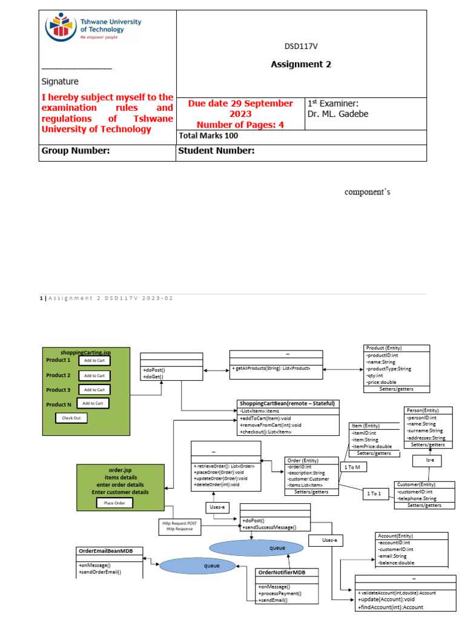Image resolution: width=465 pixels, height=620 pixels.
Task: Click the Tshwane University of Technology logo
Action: (93, 28)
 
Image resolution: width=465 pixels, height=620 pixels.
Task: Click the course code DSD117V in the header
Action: (301, 47)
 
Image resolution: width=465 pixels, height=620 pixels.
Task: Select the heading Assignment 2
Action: (301, 65)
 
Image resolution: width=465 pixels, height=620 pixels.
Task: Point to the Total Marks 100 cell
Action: (208, 136)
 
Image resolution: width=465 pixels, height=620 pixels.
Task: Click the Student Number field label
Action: (216, 151)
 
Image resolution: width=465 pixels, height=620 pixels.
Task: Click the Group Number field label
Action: (75, 151)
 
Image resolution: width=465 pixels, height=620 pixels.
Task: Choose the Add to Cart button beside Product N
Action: (93, 403)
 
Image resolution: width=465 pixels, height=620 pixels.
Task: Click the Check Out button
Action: (71, 418)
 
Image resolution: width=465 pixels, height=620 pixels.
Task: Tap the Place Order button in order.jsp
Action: (115, 503)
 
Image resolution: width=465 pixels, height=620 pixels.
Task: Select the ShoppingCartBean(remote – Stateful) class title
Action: (287, 403)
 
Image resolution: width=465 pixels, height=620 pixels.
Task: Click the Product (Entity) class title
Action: (384, 348)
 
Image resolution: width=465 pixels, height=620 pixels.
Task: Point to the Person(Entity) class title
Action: (423, 411)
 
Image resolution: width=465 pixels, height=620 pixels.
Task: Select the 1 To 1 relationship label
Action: (375, 494)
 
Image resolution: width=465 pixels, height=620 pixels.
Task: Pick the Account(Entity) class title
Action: (396, 536)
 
